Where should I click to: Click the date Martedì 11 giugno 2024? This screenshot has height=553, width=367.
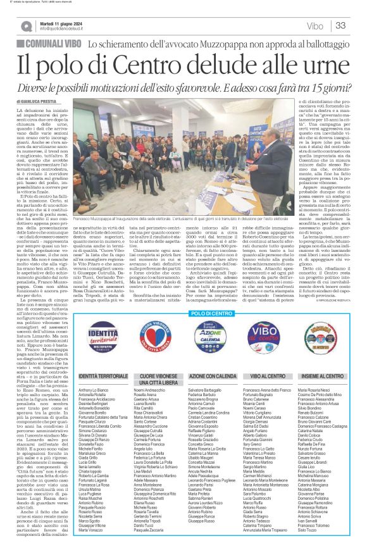(x=63, y=22)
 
